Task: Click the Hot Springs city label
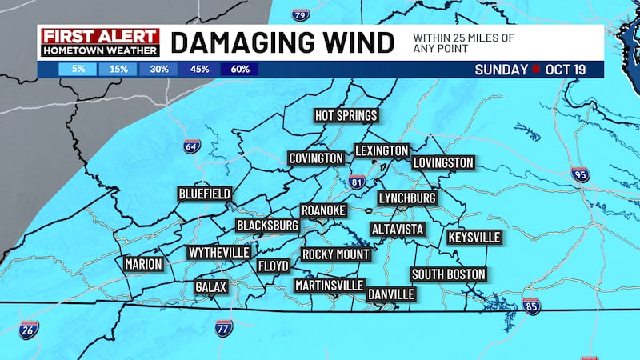[346, 116]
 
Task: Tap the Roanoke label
[323, 210]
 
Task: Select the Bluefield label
[205, 194]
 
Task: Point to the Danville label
[390, 294]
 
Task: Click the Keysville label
[474, 238]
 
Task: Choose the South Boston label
[448, 274]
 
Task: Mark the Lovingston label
[443, 163]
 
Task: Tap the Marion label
[143, 264]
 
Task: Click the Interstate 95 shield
[581, 174]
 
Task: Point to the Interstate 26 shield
[28, 330]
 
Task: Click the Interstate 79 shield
[299, 14]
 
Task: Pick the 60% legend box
[238, 69]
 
